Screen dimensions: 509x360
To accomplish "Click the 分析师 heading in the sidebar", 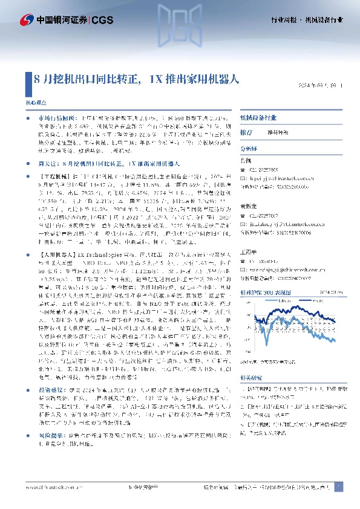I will [x=249, y=147].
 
